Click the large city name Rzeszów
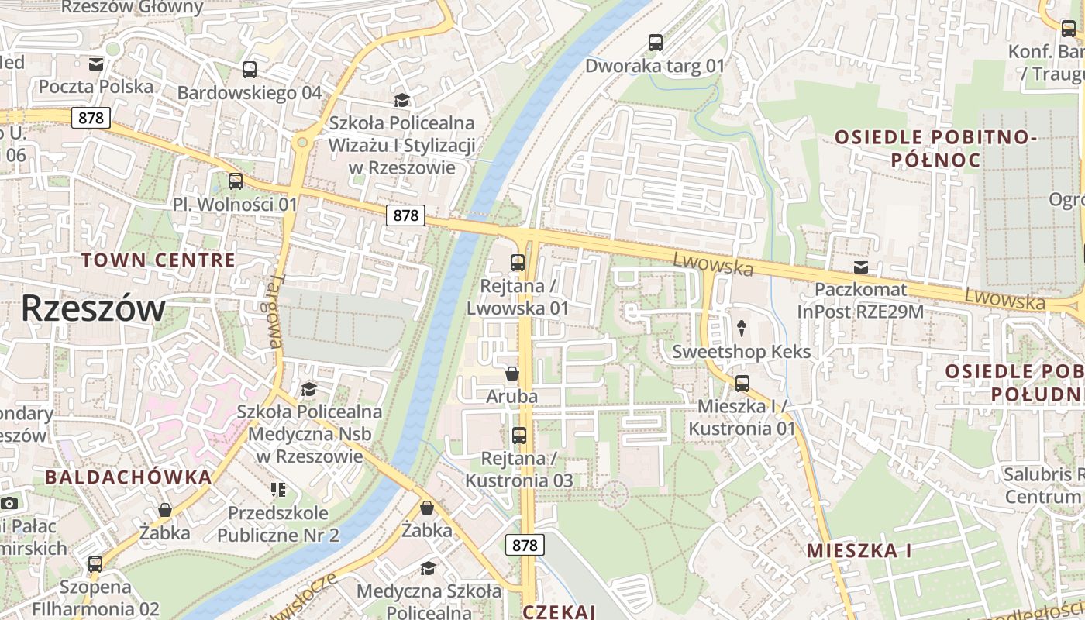92,308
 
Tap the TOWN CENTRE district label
158,260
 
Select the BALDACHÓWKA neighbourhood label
128,477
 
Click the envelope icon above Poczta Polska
96,64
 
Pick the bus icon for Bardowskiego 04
250,70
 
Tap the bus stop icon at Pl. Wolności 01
236,181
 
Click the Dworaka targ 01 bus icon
656,43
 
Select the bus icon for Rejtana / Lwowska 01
518,263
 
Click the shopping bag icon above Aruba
512,374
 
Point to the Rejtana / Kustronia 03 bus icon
519,436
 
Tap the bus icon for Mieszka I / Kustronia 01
742,384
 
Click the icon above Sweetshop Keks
742,329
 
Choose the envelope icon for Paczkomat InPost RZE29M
860,267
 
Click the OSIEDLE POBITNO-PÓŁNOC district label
935,149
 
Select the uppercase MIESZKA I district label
859,550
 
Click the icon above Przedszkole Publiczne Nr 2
278,490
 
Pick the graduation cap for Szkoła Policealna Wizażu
401,100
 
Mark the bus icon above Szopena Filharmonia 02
95,564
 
